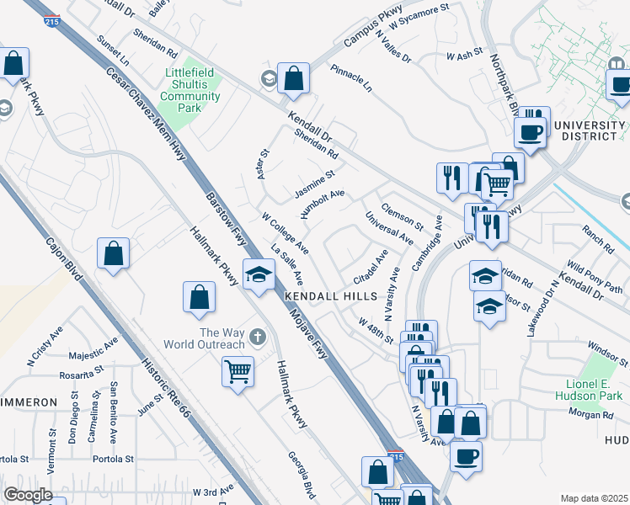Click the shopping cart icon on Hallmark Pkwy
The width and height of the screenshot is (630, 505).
point(238,370)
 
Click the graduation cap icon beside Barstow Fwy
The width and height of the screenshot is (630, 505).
point(259,274)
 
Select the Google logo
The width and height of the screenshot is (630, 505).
point(28,495)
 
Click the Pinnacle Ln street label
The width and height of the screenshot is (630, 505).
point(350,77)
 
